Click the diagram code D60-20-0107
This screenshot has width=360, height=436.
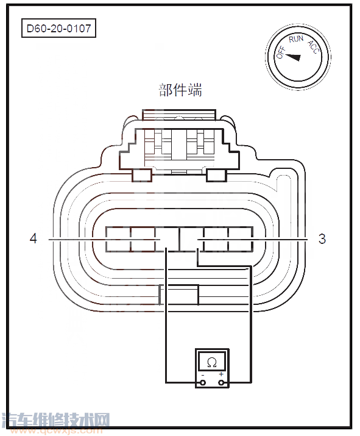[x=59, y=29]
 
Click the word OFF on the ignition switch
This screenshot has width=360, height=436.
[x=281, y=51]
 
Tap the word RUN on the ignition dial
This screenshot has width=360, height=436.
[x=296, y=40]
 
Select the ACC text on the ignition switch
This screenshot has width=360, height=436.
[x=312, y=46]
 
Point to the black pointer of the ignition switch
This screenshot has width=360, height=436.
[x=293, y=57]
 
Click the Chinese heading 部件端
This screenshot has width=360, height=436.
[x=180, y=90]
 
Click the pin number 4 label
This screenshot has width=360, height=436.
[x=34, y=239]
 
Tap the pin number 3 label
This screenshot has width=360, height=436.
[x=322, y=239]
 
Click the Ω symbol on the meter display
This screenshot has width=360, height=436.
[x=211, y=362]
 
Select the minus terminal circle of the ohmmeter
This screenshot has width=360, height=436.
[x=203, y=383]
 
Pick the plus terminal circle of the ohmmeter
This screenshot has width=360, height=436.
[x=221, y=383]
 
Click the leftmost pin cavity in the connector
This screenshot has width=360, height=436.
[x=118, y=239]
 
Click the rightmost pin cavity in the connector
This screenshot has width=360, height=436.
[x=241, y=239]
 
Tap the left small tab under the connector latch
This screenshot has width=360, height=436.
[x=142, y=175]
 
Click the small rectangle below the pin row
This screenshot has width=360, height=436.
[x=178, y=295]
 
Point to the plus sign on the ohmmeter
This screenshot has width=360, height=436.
[x=221, y=374]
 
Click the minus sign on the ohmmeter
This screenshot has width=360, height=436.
[x=202, y=374]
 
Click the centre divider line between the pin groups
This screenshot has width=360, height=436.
[x=179, y=239]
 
